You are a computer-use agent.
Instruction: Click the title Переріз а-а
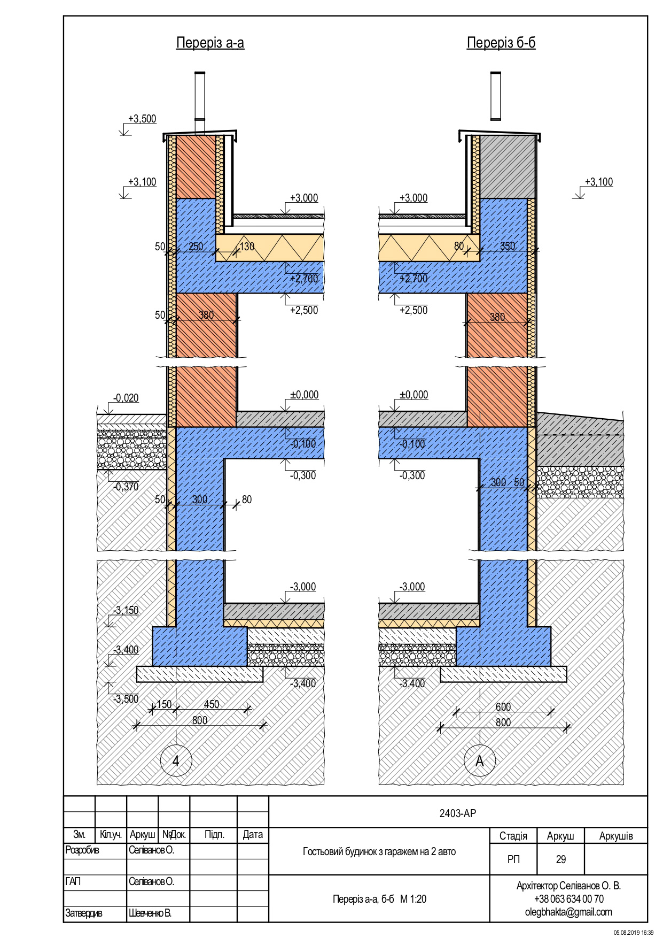pos(210,43)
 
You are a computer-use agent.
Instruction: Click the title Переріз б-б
pos(501,43)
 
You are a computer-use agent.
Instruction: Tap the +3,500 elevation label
pos(142,119)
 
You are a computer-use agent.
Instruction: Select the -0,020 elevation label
pos(126,398)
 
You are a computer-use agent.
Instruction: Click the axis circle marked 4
pos(176,761)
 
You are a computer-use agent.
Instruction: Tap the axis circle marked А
pos(479,761)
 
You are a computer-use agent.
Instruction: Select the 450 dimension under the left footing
pos(212,704)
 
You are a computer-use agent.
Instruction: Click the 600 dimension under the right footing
pos(503,707)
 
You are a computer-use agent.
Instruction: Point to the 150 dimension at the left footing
pos(164,704)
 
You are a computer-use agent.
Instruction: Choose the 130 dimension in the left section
pos(247,247)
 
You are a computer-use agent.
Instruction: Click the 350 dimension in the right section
pos(508,247)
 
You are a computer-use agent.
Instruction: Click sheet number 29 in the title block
pos(560,859)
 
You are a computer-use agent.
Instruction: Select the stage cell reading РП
pos(513,859)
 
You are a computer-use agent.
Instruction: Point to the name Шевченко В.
pos(150,913)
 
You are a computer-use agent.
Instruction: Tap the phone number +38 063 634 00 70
pos(568,899)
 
